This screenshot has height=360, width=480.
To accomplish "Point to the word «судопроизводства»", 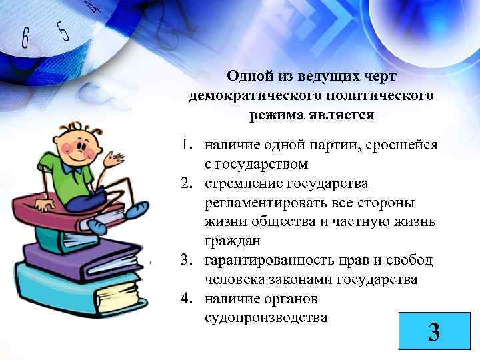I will click(266, 317).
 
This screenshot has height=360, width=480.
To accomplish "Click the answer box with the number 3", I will click(433, 331).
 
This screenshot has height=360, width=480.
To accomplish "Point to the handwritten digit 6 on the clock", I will click(26, 39).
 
